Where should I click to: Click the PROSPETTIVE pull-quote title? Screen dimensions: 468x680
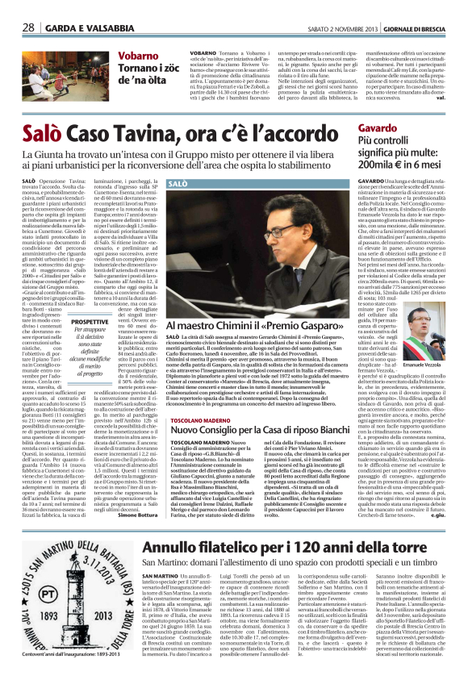click(90, 320)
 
